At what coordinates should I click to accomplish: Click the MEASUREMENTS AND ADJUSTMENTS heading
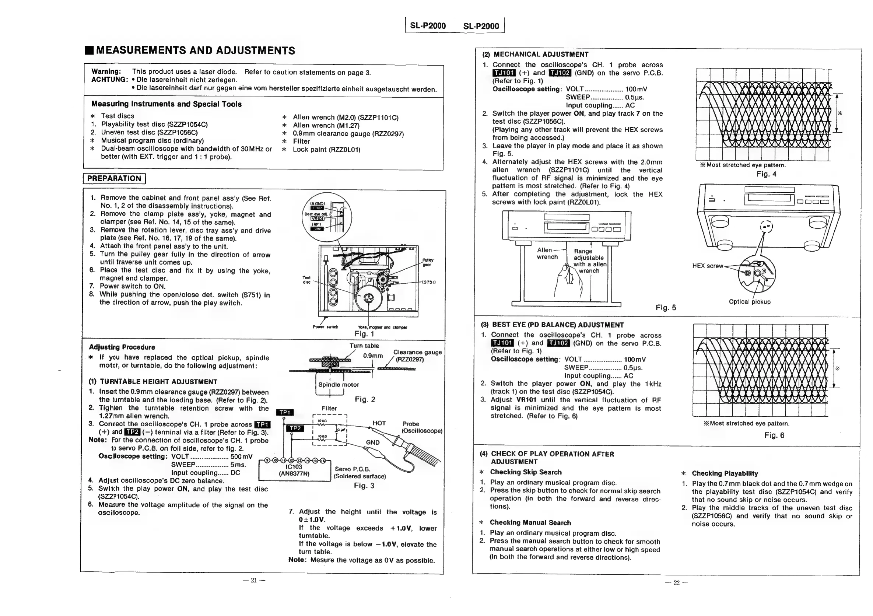point(195,50)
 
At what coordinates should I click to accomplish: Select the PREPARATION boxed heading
point(114,179)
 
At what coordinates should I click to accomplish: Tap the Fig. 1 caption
point(364,334)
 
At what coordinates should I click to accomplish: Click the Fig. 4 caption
point(766,174)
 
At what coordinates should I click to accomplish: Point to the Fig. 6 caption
point(774,435)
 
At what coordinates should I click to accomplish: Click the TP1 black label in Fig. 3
point(285,413)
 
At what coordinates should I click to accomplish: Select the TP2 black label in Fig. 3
point(295,428)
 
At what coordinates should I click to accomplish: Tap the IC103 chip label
point(294,467)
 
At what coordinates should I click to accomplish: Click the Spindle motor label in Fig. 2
point(339,385)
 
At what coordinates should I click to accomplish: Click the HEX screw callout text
point(707,266)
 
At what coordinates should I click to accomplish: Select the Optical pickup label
point(750,302)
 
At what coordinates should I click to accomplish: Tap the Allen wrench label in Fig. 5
point(547,253)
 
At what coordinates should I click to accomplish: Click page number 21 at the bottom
point(254,580)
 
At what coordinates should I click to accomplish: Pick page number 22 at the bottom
point(676,583)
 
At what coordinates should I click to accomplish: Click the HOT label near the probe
point(379,423)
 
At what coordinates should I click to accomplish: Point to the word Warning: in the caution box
point(106,71)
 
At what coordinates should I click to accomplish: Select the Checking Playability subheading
point(725,473)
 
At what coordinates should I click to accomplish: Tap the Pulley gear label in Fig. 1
point(427,263)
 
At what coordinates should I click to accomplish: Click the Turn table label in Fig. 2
point(364,346)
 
